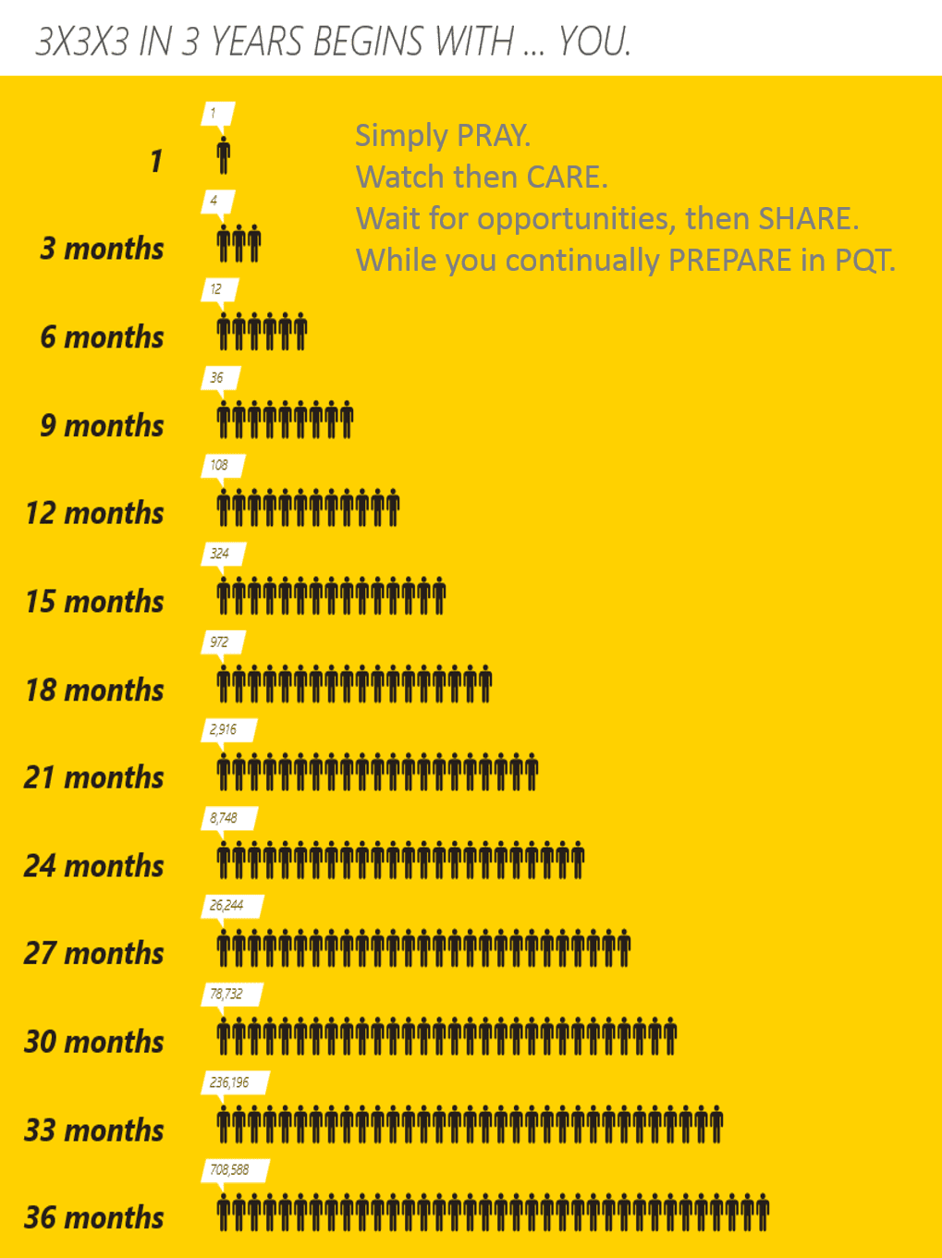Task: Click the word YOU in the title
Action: coord(593,43)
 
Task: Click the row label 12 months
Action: coord(94,513)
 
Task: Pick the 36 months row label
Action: coord(94,1218)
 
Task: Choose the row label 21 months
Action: coord(94,777)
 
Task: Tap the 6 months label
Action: coord(102,337)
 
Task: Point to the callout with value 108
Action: coord(220,466)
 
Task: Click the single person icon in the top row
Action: coord(224,155)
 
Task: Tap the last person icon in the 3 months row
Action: coord(254,243)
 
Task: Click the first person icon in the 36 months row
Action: coord(224,1212)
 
